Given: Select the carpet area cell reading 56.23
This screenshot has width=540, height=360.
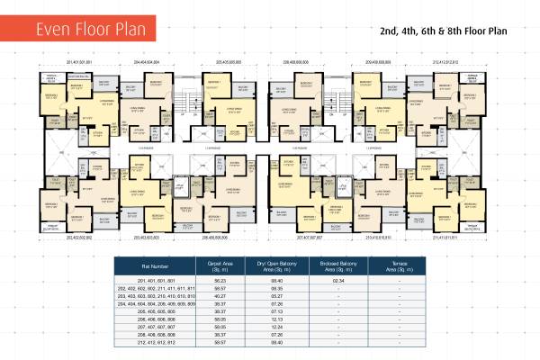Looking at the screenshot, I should pyautogui.click(x=220, y=281).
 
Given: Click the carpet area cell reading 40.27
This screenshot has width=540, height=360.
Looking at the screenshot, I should pyautogui.click(x=220, y=295).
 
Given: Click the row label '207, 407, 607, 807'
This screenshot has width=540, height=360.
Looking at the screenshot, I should pyautogui.click(x=154, y=325).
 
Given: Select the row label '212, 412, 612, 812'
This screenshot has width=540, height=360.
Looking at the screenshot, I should pyautogui.click(x=154, y=340).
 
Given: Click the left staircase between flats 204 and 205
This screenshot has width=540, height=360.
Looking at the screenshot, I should pyautogui.click(x=189, y=106).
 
